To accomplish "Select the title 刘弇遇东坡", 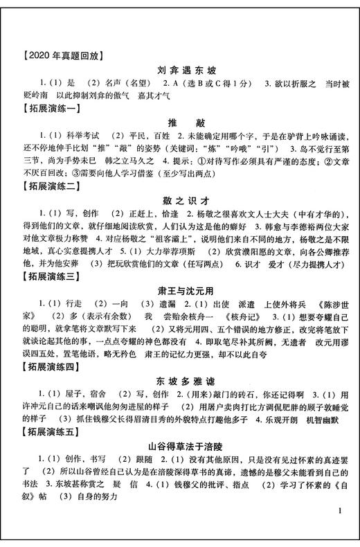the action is pyautogui.click(x=180, y=70).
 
